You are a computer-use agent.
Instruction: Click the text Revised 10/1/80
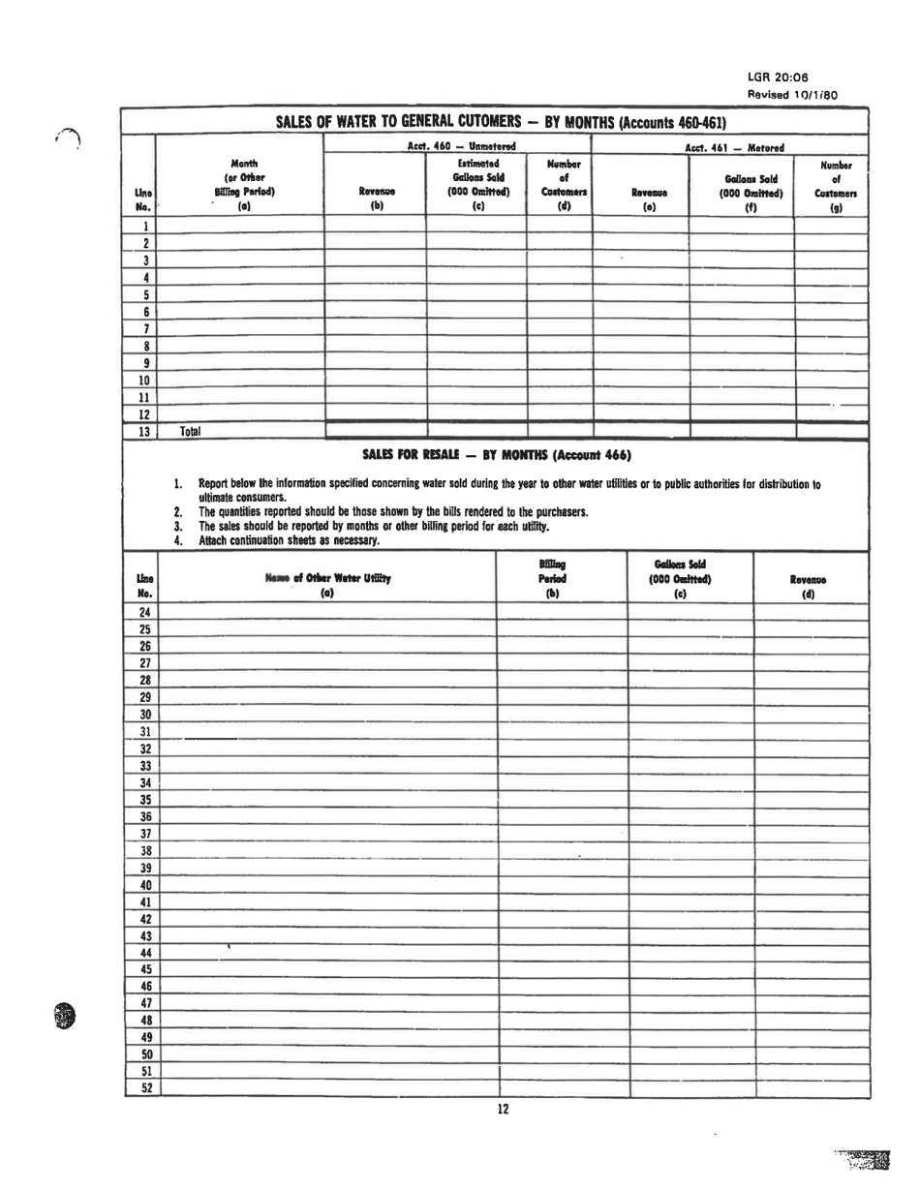[x=792, y=94]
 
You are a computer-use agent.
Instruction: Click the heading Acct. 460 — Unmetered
[x=460, y=146]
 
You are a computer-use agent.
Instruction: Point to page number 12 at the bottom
[x=503, y=1110]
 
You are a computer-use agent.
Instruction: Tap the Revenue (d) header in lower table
[x=810, y=586]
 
